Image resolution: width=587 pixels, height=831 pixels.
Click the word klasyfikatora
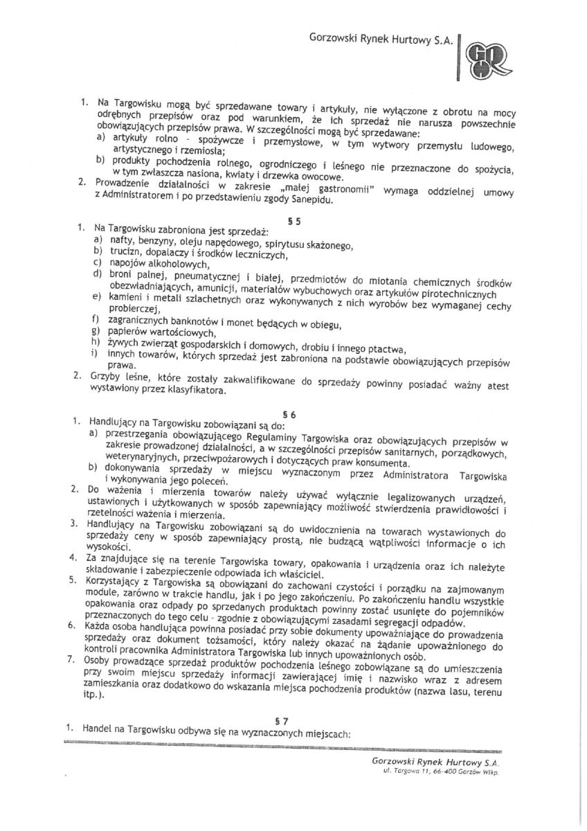(x=201, y=391)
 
